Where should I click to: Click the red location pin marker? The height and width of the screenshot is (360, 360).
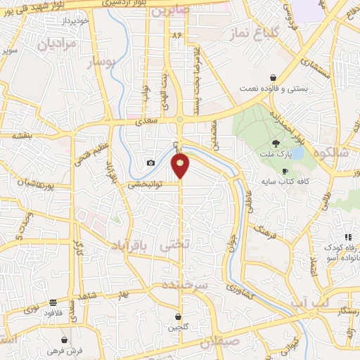180,166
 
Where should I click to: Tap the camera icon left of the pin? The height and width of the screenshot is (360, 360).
150,163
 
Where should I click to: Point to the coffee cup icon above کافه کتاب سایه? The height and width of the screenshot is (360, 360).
285,171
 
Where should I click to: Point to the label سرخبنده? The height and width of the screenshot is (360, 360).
185,285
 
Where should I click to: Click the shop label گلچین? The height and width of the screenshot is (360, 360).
178,327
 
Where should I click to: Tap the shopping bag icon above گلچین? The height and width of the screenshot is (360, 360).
178,316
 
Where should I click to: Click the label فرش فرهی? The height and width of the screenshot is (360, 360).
65,349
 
